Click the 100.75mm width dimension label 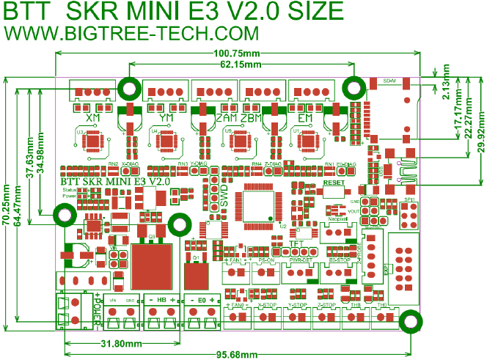tap(237, 54)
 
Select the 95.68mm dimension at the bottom tap(236, 355)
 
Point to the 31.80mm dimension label tap(120, 344)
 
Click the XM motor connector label tap(93, 118)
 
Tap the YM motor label tap(166, 118)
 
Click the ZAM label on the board tap(227, 118)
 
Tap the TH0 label tap(382, 304)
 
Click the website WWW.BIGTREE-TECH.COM tap(133, 34)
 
